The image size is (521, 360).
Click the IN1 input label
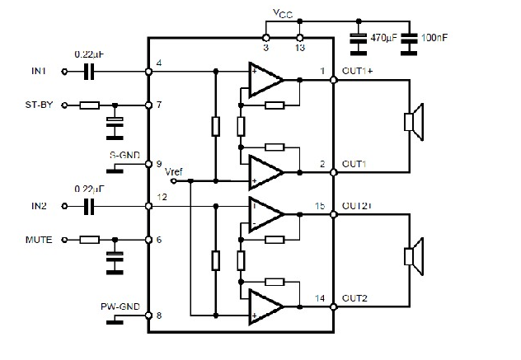click(40, 72)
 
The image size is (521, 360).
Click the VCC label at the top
click(283, 14)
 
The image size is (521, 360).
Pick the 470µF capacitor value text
click(384, 37)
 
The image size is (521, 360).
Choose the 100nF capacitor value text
click(434, 37)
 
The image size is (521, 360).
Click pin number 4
click(158, 63)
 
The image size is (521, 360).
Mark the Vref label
click(174, 171)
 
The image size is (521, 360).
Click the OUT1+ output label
click(357, 71)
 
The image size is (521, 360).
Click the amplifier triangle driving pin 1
click(265, 80)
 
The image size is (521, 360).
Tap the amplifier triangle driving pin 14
click(265, 306)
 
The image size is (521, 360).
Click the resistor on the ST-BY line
click(89, 105)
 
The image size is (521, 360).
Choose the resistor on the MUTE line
click(89, 240)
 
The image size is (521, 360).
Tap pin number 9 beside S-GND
click(158, 164)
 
